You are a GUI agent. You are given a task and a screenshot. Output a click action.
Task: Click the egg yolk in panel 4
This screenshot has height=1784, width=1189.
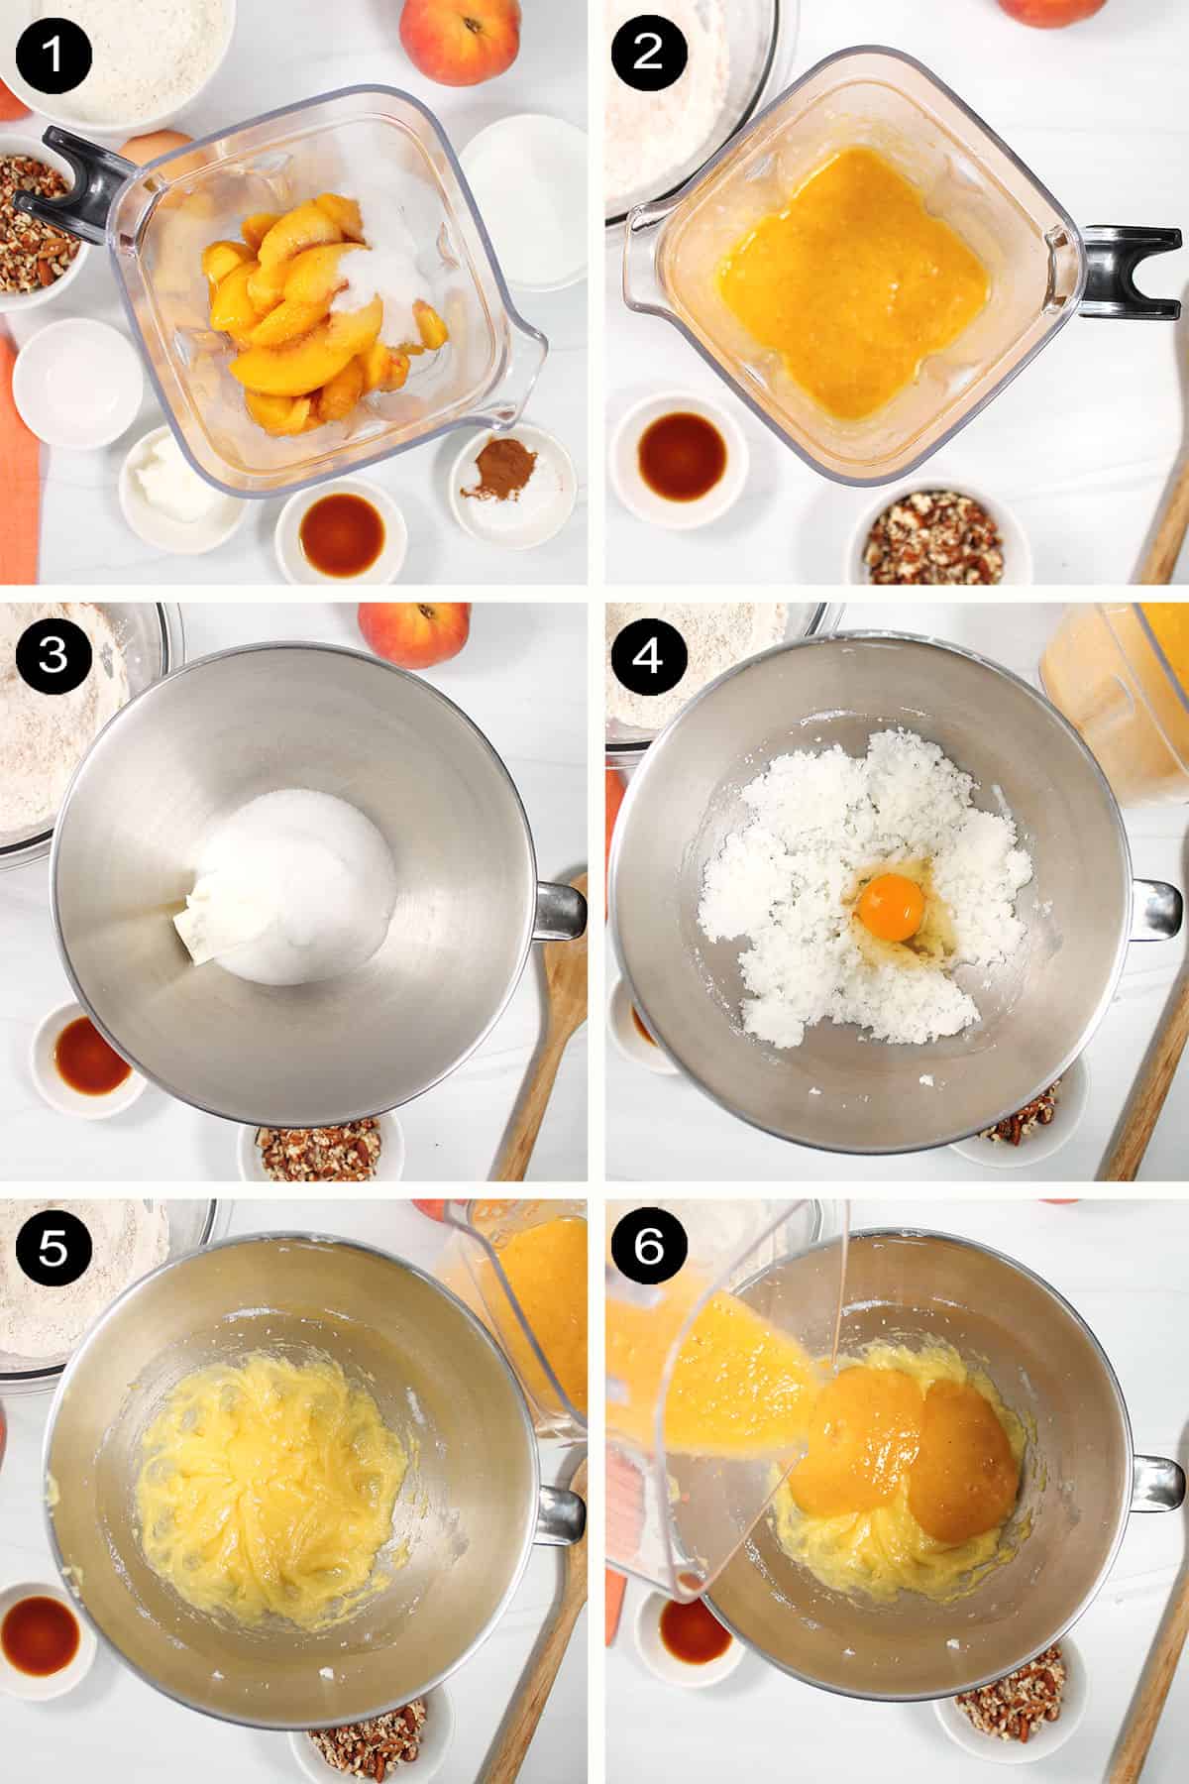891,903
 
